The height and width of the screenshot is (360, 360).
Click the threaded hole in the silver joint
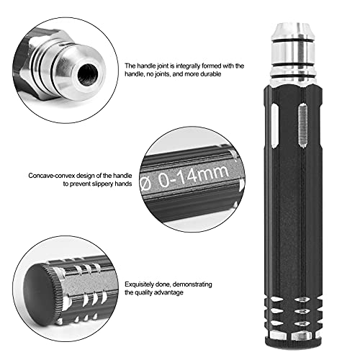click(x=88, y=74)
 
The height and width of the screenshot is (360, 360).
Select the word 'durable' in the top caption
click(x=211, y=74)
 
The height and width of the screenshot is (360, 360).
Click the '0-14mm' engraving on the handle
click(x=193, y=176)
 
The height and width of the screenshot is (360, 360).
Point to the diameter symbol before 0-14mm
click(x=146, y=186)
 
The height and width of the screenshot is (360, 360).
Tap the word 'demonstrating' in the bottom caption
click(x=192, y=284)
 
